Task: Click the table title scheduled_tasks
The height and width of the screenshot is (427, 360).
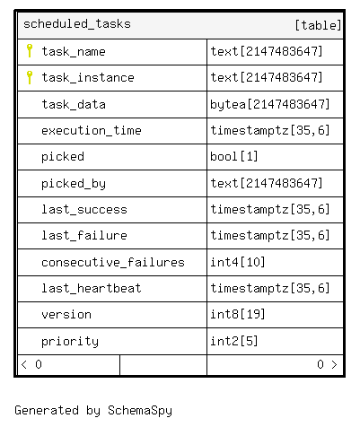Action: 77,24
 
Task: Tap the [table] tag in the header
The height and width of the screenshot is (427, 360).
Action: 318,25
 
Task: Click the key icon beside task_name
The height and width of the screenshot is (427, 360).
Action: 30,50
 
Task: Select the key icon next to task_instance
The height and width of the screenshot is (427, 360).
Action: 30,77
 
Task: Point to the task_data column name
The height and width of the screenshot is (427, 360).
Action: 74,104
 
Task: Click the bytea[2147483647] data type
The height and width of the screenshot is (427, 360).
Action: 269,105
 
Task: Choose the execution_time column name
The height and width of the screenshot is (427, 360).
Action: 92,131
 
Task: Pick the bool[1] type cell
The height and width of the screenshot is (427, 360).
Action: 234,156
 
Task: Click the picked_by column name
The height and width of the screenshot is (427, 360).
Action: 74,184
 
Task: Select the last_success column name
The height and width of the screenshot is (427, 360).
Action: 84,209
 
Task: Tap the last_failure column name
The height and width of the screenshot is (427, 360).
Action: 84,235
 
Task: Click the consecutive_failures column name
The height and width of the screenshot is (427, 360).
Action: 113,262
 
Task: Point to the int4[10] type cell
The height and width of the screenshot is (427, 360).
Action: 238,262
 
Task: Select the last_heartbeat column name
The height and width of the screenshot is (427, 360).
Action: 92,288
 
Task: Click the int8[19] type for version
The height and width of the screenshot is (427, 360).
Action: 238,314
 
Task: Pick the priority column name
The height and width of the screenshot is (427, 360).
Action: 70,342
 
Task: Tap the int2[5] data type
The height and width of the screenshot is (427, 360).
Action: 234,341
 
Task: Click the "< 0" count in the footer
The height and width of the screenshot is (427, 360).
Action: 31,364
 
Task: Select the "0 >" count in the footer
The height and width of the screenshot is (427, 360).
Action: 327,364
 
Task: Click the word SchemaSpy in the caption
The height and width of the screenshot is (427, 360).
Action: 140,411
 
